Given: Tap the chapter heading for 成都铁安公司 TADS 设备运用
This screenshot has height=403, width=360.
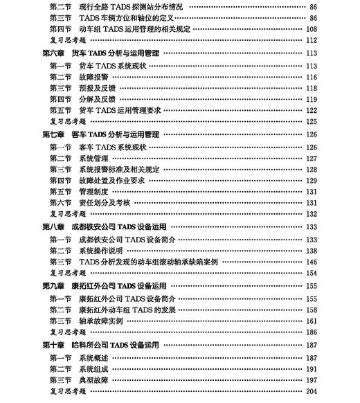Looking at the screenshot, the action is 104,226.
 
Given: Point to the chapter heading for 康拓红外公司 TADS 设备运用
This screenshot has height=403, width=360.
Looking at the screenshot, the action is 104,285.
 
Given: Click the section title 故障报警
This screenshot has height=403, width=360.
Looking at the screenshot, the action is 93,76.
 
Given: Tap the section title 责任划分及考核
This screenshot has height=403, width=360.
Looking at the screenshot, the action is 104,203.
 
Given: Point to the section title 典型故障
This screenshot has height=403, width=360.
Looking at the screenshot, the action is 93,380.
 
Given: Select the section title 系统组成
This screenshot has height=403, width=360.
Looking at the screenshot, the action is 93,368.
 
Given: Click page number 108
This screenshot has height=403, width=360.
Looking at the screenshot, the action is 311,29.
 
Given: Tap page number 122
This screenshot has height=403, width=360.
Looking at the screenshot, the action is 311,110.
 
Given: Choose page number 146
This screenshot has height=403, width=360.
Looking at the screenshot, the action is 311,262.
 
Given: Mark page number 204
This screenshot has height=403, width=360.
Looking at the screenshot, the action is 311,392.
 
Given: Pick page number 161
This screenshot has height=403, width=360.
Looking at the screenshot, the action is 311,321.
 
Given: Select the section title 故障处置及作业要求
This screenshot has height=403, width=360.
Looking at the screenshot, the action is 111,180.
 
